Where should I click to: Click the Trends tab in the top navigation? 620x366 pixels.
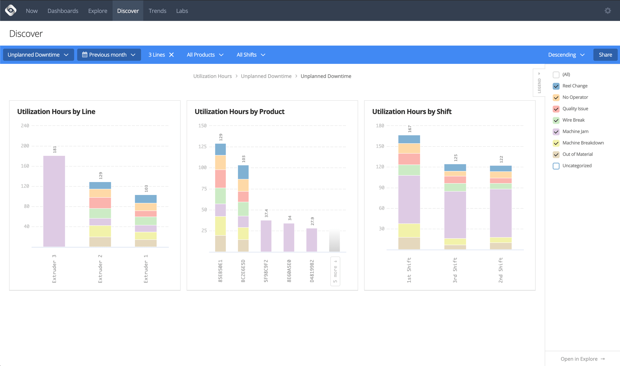157,11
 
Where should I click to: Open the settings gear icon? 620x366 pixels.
608,11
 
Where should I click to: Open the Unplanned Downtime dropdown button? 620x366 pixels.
38,55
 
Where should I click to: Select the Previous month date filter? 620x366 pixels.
109,55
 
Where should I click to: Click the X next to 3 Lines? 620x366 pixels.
171,55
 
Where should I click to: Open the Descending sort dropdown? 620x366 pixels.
566,55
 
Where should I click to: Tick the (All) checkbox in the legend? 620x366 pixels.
556,75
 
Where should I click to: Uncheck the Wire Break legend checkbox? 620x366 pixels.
556,120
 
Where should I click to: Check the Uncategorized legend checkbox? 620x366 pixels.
556,166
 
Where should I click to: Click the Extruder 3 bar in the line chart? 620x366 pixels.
54,201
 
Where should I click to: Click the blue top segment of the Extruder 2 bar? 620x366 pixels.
100,186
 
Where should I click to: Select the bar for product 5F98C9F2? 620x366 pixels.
266,236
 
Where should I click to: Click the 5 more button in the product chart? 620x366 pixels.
335,271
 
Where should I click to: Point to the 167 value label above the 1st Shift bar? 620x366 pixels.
409,129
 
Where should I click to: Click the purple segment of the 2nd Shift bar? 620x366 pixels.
501,213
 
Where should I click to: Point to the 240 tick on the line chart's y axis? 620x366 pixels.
25,126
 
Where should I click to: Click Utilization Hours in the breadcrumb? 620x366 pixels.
212,76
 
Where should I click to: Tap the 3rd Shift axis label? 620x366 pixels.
455,270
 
